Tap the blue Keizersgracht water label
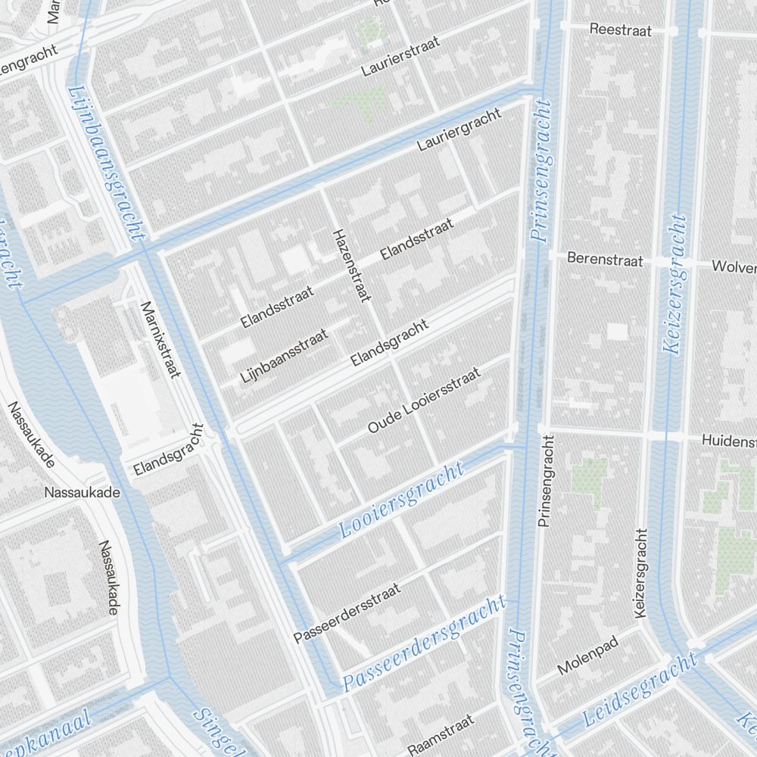674,284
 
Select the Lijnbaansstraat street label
285,355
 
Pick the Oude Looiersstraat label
425,400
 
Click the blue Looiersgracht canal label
402,500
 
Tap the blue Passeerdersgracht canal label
424,643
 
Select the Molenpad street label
587,655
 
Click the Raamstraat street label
441,733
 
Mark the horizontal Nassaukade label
83,493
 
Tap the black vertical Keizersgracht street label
642,572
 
